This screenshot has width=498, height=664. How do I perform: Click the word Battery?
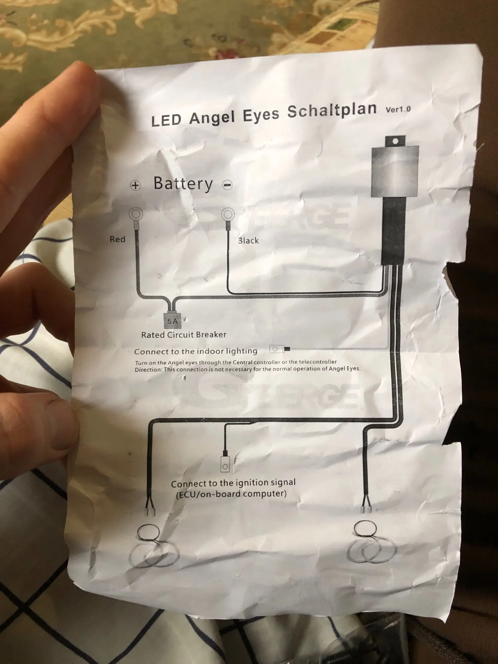click(x=183, y=184)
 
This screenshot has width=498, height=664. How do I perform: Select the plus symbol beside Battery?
click(x=135, y=185)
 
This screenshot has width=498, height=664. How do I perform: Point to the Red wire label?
click(x=118, y=239)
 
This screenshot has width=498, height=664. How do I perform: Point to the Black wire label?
click(x=248, y=240)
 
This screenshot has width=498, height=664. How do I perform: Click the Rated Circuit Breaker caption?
click(x=184, y=335)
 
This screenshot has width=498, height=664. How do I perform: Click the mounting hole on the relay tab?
click(x=395, y=141)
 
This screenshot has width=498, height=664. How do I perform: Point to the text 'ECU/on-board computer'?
click(x=231, y=494)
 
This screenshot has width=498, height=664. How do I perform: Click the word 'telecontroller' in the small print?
click(x=318, y=362)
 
